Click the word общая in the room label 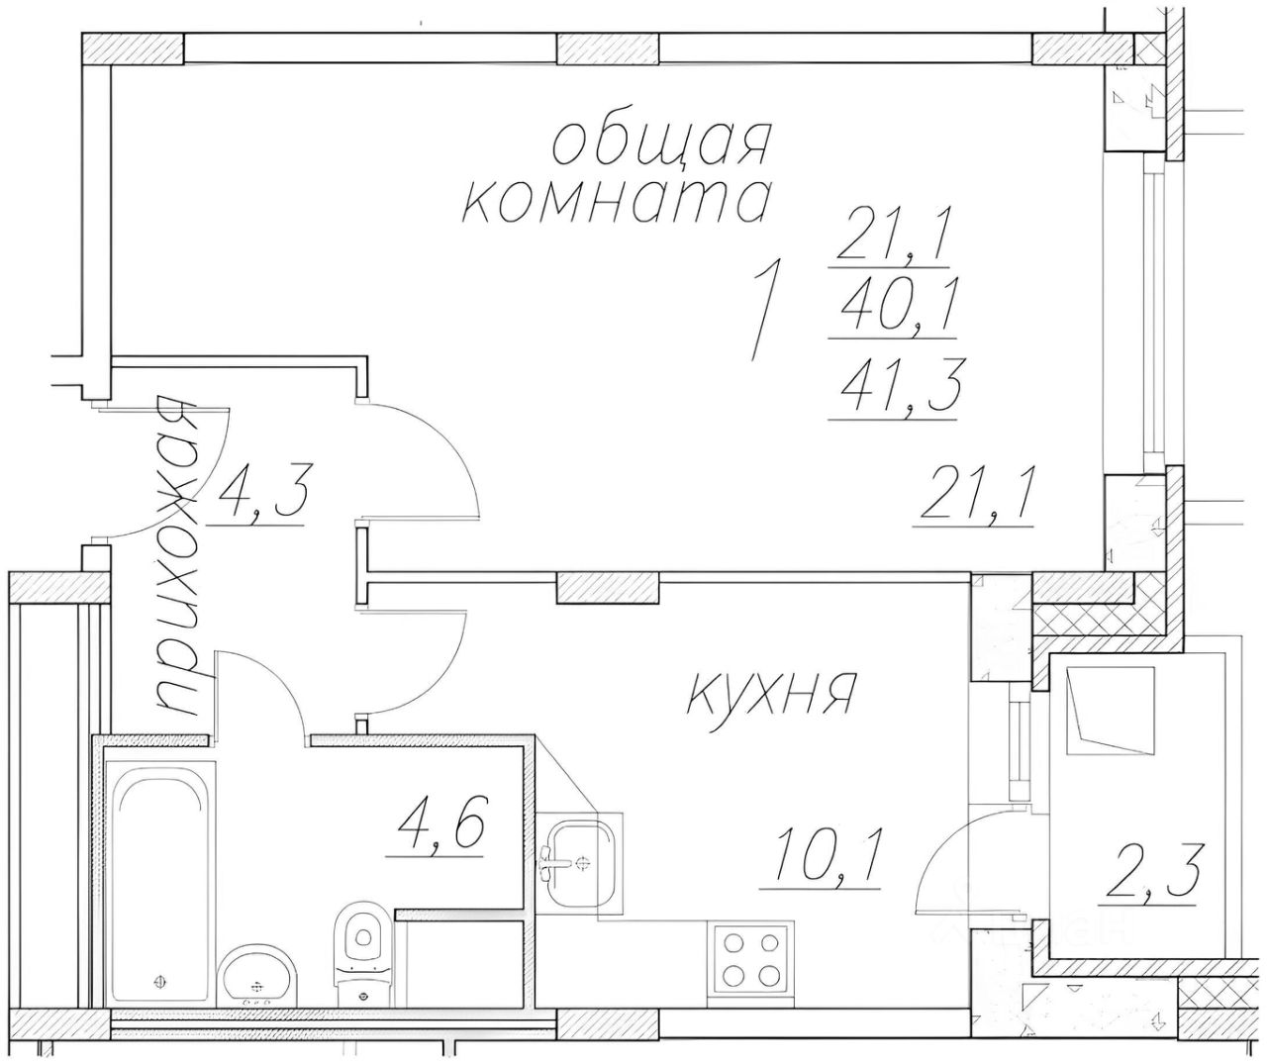pos(660,145)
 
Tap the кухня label pos(770,694)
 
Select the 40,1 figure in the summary pos(892,311)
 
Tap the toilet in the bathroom pos(361,947)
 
